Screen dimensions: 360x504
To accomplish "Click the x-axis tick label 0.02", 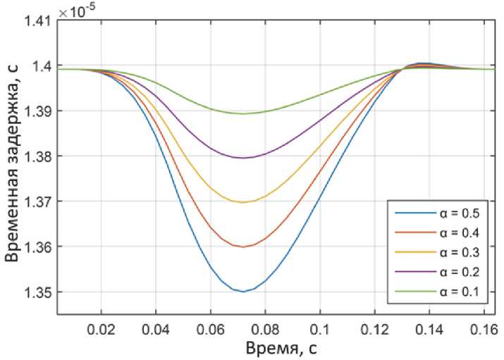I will point(101,329).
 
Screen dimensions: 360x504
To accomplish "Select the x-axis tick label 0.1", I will point(319,329).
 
